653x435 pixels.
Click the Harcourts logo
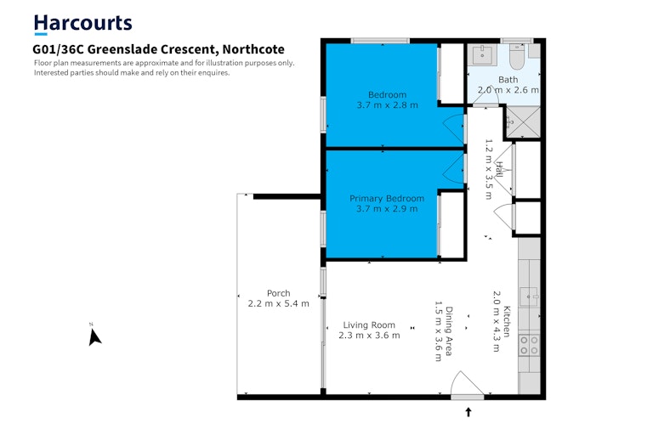pos(82,24)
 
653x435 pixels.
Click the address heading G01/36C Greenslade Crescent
pos(158,49)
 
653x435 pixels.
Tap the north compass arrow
pos(94,336)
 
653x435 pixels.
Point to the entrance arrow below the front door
pos(468,412)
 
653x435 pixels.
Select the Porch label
pos(279,293)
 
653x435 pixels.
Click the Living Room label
pos(369,325)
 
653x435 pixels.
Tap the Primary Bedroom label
pos(387,199)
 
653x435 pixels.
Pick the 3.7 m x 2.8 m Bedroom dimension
pos(388,105)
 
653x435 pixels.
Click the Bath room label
pos(508,80)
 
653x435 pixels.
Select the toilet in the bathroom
pos(518,57)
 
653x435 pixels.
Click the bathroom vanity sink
pos(482,55)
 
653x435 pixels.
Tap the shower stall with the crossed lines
pos(523,122)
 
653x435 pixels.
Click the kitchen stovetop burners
pos(530,346)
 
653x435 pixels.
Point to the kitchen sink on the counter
pos(530,297)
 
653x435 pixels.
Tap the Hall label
pos(499,169)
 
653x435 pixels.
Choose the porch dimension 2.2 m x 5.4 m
pos(279,303)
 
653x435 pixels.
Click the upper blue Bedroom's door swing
pos(453,127)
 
